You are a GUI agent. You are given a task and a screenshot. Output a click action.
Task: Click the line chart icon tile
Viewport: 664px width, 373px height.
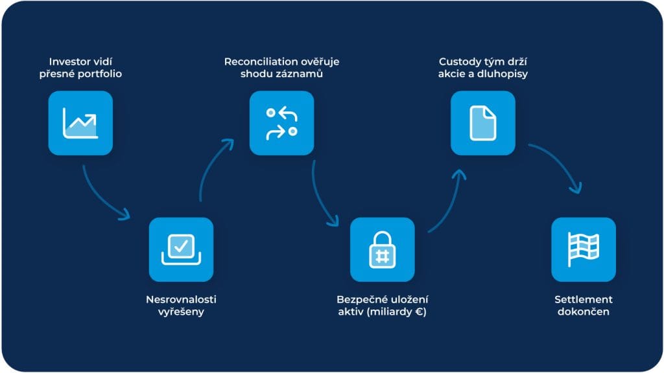[x=80, y=123]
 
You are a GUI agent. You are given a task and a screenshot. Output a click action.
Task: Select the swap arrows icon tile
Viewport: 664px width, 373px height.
[x=282, y=123]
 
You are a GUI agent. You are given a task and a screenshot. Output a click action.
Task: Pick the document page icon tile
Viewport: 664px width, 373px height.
[x=483, y=123]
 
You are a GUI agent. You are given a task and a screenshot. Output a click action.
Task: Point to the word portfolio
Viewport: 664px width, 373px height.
[x=100, y=74]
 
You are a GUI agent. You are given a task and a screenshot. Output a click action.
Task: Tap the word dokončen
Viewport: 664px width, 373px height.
[x=584, y=312]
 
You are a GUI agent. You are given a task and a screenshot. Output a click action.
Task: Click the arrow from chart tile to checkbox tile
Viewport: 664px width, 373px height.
[x=104, y=198]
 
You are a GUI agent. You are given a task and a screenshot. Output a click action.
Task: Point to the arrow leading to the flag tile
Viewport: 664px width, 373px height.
[x=558, y=165]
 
